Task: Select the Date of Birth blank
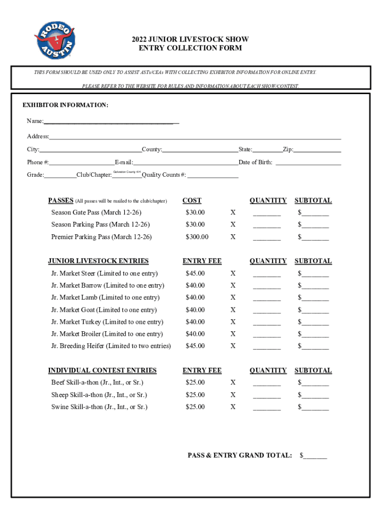pyautogui.click(x=308, y=163)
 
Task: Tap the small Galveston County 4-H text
pyautogui.click(x=127, y=172)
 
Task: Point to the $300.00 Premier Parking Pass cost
pyautogui.click(x=197, y=237)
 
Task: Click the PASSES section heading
pyautogui.click(x=61, y=201)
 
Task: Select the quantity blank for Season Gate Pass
pyautogui.click(x=267, y=213)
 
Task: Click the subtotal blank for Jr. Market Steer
pyautogui.click(x=315, y=274)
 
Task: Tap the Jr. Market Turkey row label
pyautogui.click(x=107, y=322)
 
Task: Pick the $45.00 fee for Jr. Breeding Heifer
pyautogui.click(x=195, y=346)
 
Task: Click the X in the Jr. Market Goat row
pyautogui.click(x=233, y=310)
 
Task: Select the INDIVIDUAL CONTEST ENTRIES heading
pyautogui.click(x=102, y=370)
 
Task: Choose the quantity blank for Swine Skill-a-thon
pyautogui.click(x=267, y=408)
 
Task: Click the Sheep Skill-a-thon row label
pyautogui.click(x=99, y=395)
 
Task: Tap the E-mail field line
pyautogui.click(x=186, y=163)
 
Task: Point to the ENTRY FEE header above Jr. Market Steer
pyautogui.click(x=202, y=261)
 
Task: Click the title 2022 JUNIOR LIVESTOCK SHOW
pyautogui.click(x=190, y=39)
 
